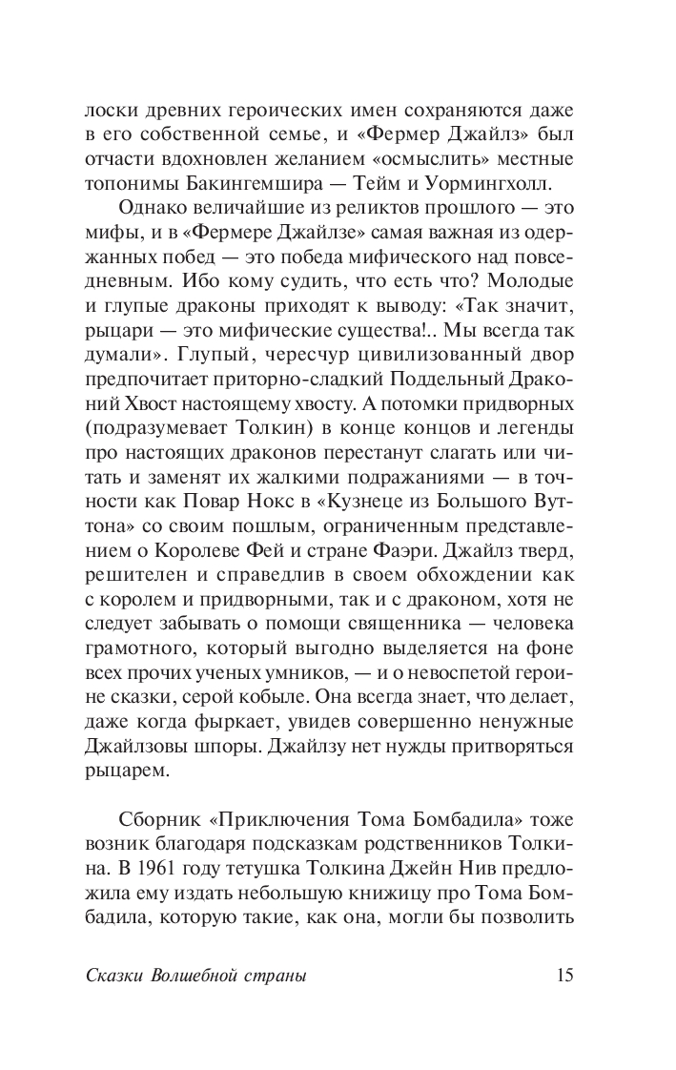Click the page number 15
pos(563,976)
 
